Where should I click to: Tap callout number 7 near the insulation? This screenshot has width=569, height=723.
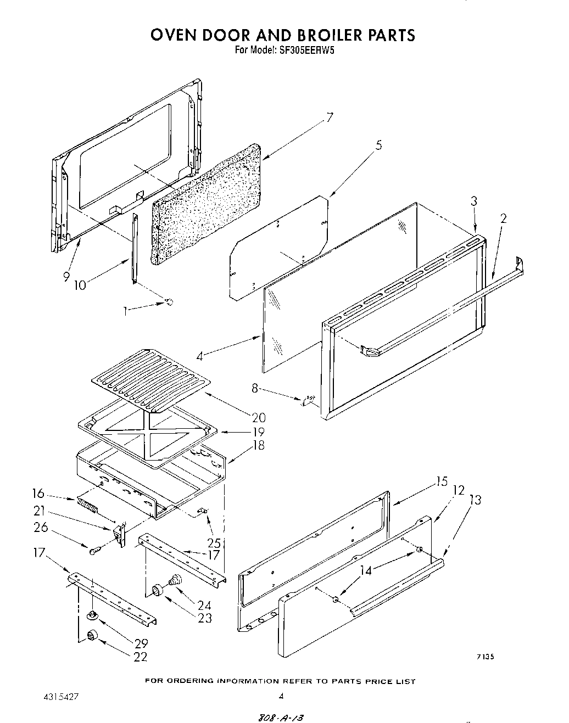pos(329,117)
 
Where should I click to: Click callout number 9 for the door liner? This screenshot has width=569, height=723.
pos(66,277)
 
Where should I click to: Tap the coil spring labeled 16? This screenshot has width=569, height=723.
pos(89,505)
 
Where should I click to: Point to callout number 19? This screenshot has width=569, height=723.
pos(258,431)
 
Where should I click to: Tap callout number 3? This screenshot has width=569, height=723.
pos(474,201)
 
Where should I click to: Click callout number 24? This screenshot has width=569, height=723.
pos(204,606)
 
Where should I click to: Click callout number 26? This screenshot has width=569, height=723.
pos(41,528)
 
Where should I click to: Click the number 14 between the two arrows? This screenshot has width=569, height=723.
pos(365,571)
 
